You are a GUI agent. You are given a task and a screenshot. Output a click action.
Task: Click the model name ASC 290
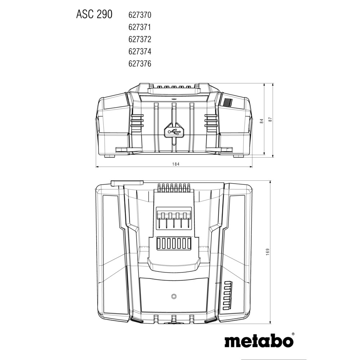click(94, 14)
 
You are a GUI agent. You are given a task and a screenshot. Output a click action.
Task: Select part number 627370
click(140, 15)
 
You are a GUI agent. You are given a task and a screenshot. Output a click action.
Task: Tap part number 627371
click(140, 27)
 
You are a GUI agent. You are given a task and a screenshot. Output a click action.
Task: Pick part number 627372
click(140, 40)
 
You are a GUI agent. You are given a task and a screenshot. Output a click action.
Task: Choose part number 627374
click(140, 51)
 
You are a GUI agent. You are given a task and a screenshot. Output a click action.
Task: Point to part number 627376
click(140, 64)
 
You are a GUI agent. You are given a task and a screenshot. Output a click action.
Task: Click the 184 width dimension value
click(176, 164)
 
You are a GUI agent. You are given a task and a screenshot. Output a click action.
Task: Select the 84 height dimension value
click(261, 121)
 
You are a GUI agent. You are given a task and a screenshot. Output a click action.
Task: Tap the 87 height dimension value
click(270, 120)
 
